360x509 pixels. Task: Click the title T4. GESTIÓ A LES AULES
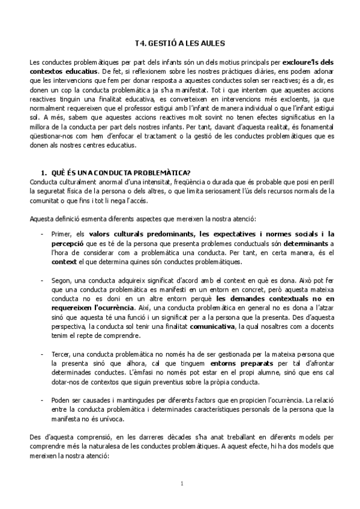coord(179,44)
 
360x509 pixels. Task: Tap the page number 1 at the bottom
coord(181,483)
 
